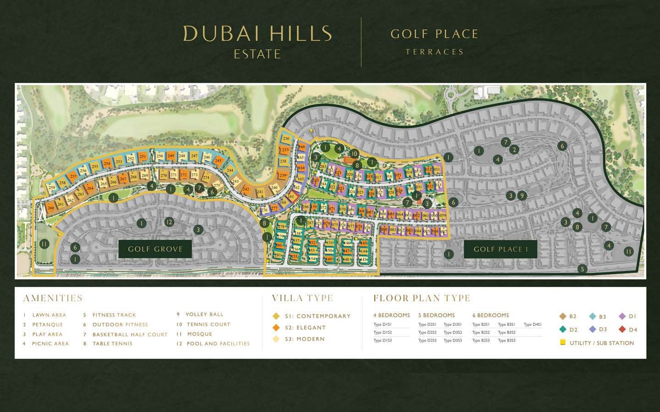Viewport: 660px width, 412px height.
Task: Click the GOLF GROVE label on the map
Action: pos(155,249)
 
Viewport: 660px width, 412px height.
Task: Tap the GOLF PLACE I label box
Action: pos(500,249)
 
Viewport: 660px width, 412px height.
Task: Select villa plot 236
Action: pos(286,138)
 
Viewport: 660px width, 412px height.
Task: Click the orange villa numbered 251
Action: pos(143,157)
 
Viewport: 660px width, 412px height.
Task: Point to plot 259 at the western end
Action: pos(51,187)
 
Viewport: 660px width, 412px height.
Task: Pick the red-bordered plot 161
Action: pos(291,196)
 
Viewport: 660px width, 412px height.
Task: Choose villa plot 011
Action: pos(437,169)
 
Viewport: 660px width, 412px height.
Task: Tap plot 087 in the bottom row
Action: pos(443,232)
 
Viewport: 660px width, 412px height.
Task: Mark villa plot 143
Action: pos(364,260)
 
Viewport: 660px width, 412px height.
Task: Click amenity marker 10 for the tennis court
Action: pos(354,154)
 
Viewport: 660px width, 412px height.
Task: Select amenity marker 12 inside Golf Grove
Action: pos(169,222)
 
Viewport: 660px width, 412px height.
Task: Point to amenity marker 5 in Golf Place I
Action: pos(582,269)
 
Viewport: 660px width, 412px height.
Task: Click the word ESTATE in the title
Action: pos(257,54)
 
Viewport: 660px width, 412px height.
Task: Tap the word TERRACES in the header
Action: pos(434,52)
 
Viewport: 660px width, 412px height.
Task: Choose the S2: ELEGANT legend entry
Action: pos(305,328)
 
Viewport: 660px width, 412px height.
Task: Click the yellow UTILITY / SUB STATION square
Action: pos(563,342)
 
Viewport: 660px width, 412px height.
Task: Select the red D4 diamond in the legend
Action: pos(622,329)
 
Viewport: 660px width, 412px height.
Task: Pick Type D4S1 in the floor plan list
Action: pos(533,325)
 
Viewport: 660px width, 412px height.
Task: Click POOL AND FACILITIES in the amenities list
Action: pos(218,344)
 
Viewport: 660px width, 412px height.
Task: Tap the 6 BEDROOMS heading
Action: pos(490,315)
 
